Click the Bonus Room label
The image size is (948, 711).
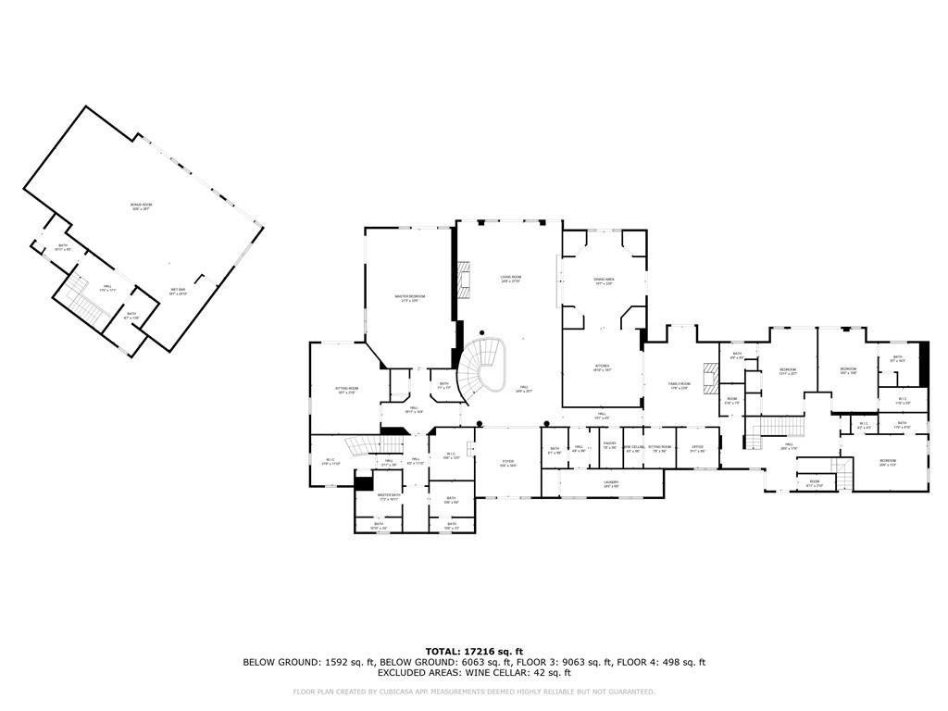(x=141, y=206)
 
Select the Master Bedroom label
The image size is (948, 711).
(x=409, y=298)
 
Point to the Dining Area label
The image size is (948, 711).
(x=604, y=281)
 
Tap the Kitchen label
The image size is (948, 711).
(x=602, y=368)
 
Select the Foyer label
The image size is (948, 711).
(x=507, y=462)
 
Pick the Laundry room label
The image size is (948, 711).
(x=611, y=483)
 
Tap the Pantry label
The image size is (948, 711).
(x=609, y=445)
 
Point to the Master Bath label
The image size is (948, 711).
(x=389, y=497)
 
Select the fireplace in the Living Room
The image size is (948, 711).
(x=465, y=280)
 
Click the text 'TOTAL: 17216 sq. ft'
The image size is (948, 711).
(x=473, y=651)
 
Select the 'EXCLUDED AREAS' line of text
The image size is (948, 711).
(x=473, y=673)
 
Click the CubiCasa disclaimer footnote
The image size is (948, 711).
(x=473, y=692)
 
